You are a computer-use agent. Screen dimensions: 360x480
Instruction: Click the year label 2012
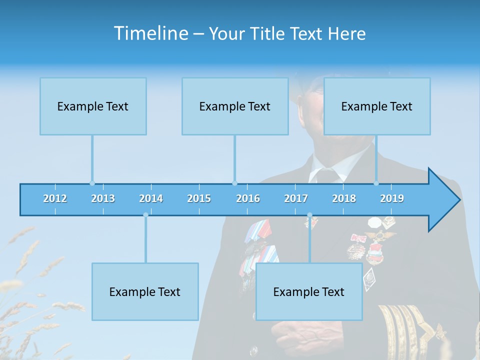tap(55, 199)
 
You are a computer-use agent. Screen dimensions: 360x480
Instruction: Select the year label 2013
tap(103, 199)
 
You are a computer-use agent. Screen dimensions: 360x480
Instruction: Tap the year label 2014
tap(151, 199)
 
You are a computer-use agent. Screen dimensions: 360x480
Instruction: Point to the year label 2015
tap(199, 199)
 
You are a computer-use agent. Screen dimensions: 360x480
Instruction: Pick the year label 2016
tap(248, 199)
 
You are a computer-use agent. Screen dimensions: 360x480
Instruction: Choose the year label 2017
tap(296, 199)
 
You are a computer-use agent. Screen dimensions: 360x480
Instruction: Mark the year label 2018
tap(344, 199)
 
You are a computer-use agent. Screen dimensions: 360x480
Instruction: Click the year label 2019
tap(392, 199)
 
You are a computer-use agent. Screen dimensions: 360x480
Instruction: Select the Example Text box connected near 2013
tap(93, 106)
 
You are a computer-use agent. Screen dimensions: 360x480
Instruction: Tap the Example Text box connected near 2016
tap(235, 106)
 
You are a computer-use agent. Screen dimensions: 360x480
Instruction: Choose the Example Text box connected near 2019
tap(377, 106)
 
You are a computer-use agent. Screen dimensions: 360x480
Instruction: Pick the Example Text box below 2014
tap(145, 292)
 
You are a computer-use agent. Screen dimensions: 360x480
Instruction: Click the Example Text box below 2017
tap(309, 292)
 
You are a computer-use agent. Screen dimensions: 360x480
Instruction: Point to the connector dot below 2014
tap(145, 215)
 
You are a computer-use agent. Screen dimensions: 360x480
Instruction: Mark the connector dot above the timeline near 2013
tap(92, 183)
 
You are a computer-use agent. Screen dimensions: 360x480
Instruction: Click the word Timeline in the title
tap(150, 33)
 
